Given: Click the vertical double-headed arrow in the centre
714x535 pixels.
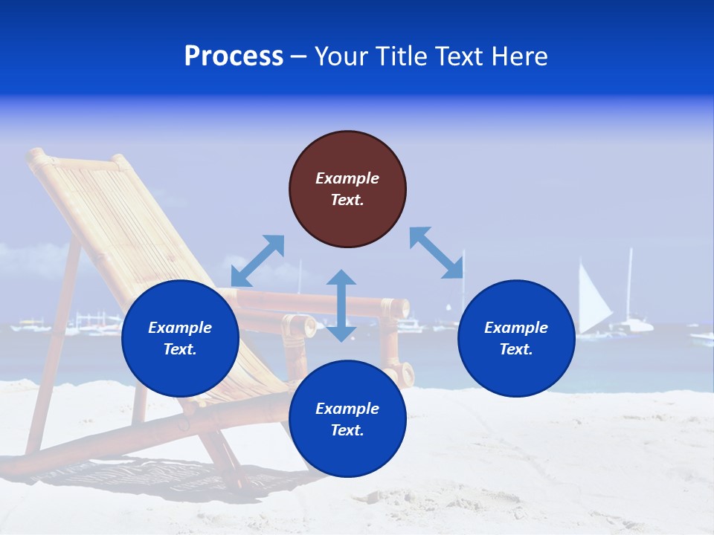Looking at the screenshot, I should [x=341, y=305].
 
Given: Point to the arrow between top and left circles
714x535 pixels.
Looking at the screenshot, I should [x=257, y=261].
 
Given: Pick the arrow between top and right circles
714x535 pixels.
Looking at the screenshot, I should [x=437, y=253].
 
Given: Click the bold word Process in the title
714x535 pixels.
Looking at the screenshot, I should [x=234, y=56].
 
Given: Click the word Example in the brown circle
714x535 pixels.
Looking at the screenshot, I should [x=347, y=178].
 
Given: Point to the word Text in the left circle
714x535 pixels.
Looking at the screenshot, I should [x=180, y=349].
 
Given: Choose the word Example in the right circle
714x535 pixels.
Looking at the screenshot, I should [x=516, y=328].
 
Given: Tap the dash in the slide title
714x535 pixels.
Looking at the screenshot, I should [x=298, y=57].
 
